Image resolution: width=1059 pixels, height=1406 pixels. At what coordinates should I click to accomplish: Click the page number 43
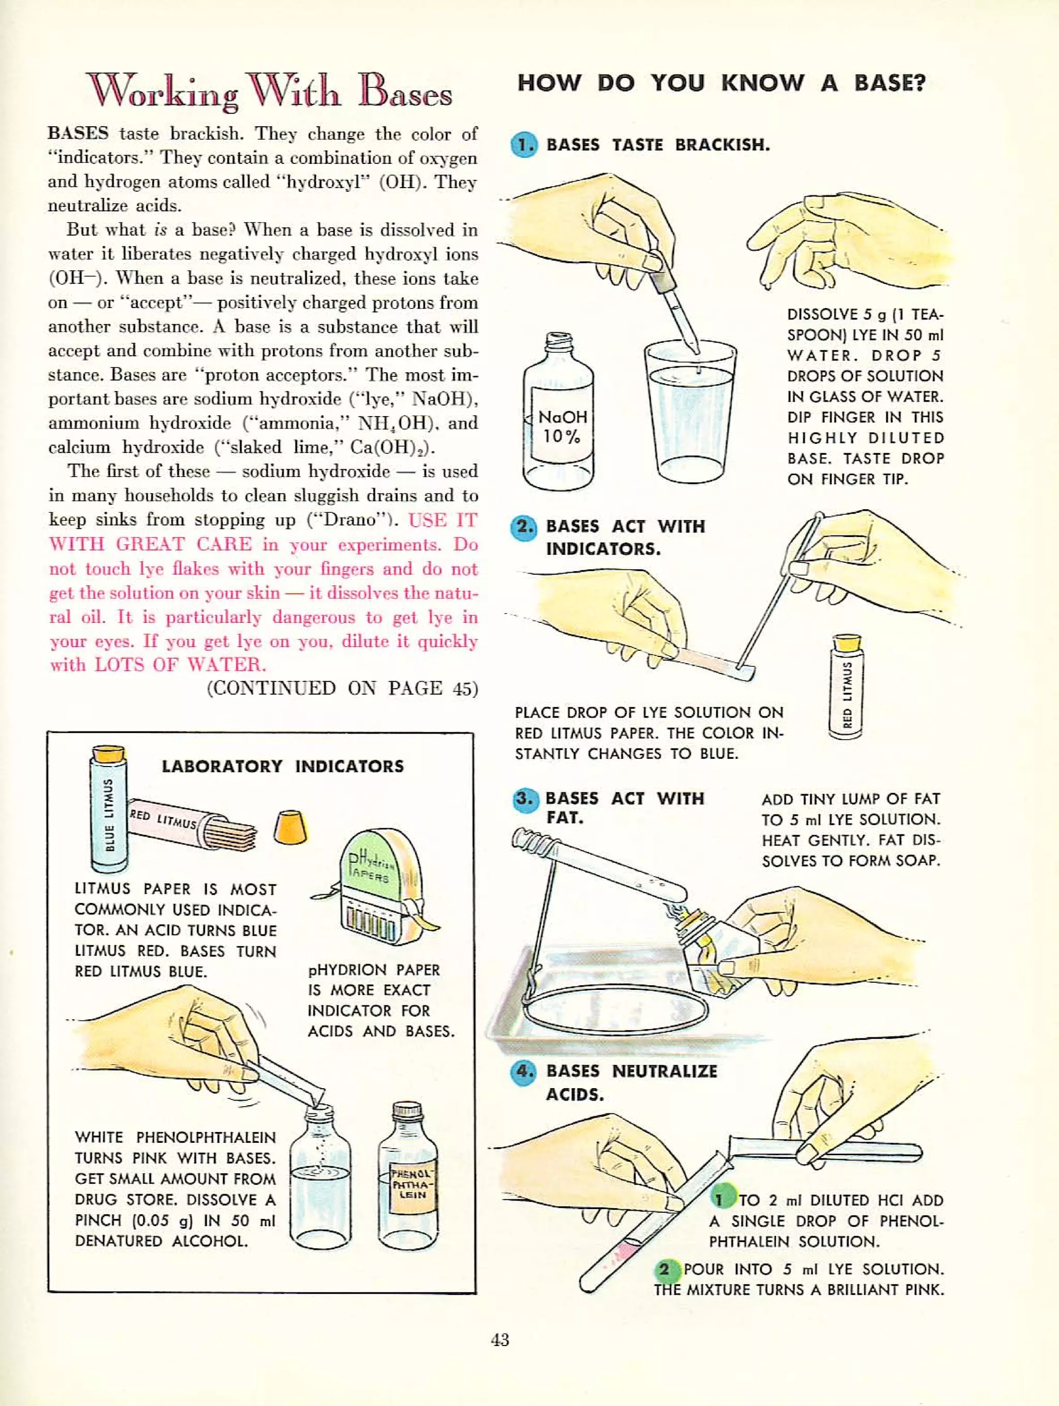500,1340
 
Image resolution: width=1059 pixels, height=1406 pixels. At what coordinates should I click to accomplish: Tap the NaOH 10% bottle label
562,426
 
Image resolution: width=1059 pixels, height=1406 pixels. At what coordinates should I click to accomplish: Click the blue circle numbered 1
524,145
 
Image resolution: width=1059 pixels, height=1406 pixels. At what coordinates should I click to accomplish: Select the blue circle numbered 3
525,800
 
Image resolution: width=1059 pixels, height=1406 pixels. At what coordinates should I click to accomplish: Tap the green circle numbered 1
721,1199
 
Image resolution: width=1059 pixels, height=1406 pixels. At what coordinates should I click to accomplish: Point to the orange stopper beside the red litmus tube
291,828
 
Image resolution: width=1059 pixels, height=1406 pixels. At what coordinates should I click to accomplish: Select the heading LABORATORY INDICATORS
282,766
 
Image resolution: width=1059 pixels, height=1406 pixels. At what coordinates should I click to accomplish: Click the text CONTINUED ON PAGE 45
342,689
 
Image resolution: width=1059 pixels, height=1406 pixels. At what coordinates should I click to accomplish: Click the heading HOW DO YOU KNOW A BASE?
721,83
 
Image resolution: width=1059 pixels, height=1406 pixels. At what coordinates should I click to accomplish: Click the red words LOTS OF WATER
180,665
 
